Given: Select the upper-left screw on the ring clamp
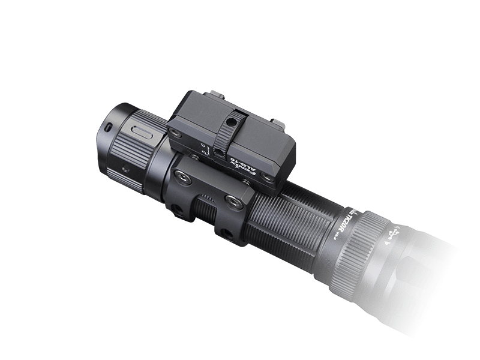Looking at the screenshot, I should coord(181,175).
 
